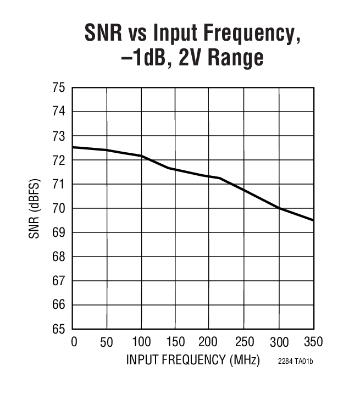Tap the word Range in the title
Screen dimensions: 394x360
click(x=235, y=58)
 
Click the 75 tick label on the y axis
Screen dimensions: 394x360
click(x=59, y=87)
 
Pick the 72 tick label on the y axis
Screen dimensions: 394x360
click(x=59, y=160)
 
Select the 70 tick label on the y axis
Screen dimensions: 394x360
click(x=59, y=208)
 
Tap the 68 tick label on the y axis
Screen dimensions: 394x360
click(x=59, y=257)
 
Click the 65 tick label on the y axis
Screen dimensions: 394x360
click(x=59, y=329)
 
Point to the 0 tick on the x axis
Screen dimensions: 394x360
click(x=74, y=342)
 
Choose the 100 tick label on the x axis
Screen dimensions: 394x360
click(x=141, y=342)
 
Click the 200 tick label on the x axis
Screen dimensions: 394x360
click(x=209, y=342)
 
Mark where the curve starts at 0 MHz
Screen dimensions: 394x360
click(x=74, y=147)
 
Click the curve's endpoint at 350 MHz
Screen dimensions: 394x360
click(x=313, y=220)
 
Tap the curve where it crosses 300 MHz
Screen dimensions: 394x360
click(x=279, y=208)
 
